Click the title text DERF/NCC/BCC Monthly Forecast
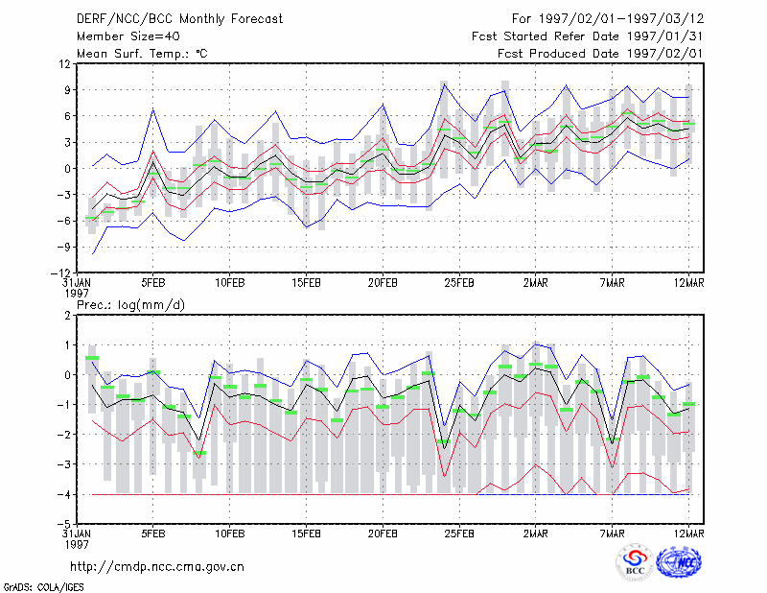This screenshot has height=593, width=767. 179,19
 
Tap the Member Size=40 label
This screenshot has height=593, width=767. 128,36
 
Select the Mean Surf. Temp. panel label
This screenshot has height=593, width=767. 142,54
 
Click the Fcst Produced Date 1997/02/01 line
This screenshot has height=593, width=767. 600,54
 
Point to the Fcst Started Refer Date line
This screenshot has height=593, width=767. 588,36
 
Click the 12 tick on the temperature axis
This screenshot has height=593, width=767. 64,64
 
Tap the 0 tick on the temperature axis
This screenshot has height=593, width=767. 67,169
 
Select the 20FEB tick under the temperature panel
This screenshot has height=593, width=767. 383,283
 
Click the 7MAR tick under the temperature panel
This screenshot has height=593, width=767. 612,283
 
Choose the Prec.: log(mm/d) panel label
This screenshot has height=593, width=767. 130,305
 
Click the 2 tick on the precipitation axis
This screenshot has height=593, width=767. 67,316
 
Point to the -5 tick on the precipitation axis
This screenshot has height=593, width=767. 63,525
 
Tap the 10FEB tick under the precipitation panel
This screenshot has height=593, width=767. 230,534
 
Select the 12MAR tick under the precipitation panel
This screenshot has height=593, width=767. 688,534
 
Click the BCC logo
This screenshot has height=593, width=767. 635,562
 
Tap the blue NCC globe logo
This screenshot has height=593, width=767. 679,562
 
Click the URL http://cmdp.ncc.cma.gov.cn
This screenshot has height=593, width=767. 157,567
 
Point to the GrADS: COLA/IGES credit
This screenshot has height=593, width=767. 43,587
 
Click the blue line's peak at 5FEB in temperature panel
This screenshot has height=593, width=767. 153,108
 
